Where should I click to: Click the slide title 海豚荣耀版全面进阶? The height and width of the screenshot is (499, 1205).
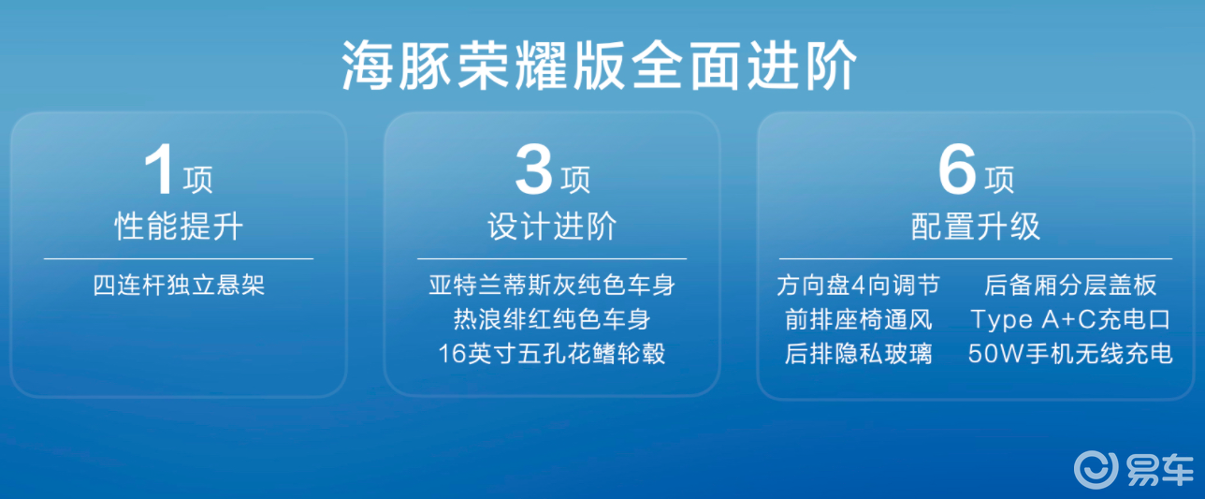tap(599, 66)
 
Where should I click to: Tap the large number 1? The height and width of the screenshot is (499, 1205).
tap(159, 169)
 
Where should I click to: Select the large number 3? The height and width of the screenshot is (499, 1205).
tap(533, 169)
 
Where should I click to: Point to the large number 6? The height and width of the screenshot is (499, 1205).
tap(957, 169)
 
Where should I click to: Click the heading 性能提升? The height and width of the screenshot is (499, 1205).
tap(179, 226)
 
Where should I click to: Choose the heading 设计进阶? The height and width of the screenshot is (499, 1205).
tap(552, 226)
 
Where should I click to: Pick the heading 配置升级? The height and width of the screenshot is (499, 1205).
tap(975, 226)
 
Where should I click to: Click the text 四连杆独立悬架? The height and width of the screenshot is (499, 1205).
tap(179, 286)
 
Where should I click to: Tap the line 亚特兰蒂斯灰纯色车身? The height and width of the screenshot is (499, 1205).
tap(552, 286)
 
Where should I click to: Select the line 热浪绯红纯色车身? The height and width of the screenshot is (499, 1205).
tap(552, 319)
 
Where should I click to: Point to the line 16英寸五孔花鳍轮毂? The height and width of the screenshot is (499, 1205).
tap(552, 354)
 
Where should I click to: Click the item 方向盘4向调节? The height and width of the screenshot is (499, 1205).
tap(858, 286)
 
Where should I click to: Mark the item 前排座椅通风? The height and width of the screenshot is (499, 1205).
tap(858, 319)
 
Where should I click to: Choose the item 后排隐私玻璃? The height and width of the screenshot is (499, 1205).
tap(858, 354)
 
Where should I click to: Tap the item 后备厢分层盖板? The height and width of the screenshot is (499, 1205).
tap(1070, 286)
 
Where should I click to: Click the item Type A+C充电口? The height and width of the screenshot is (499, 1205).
tap(1070, 320)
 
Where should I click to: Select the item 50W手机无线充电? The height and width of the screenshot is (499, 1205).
tap(1070, 354)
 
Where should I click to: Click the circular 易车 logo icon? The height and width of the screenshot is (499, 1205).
tap(1096, 469)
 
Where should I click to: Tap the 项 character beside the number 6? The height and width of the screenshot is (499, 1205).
tap(999, 180)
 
